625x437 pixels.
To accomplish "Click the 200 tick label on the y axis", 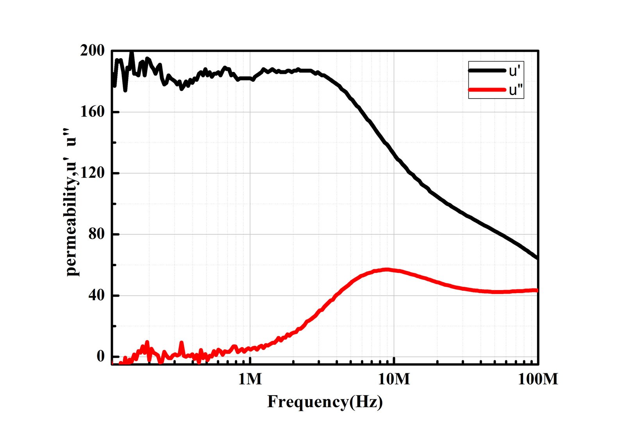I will click(x=93, y=51).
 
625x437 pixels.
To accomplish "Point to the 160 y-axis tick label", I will click(x=93, y=112).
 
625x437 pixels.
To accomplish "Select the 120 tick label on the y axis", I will click(x=93, y=173).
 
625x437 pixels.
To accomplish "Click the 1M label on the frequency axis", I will click(x=250, y=379).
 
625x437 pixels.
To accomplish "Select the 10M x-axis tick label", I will click(x=394, y=379).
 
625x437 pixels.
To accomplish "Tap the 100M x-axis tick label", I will click(x=538, y=379).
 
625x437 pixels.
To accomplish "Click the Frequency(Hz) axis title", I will click(x=325, y=402).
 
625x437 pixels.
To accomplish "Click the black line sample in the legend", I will click(x=487, y=70).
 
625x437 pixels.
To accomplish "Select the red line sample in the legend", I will click(x=487, y=90).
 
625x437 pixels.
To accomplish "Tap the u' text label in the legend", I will click(x=514, y=71).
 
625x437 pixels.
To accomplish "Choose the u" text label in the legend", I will click(x=516, y=90).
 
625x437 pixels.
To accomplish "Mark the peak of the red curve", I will click(x=387, y=269).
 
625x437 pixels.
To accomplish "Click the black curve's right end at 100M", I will click(x=537, y=258).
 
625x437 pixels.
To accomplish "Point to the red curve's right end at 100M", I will click(x=537, y=290).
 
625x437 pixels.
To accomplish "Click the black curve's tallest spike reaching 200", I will click(x=132, y=53).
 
